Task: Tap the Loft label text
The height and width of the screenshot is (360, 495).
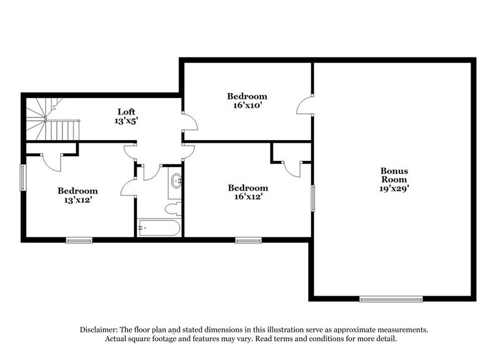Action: pos(127,112)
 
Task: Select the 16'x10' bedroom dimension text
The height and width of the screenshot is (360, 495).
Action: pos(247,105)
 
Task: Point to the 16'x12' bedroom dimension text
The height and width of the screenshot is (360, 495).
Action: pos(247,197)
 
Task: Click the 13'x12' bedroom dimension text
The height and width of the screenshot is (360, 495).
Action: pos(78,200)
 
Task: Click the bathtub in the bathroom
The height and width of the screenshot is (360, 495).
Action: pos(158,228)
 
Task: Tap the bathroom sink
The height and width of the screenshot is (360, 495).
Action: pos(176,180)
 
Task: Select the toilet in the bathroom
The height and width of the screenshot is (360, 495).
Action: pos(173,208)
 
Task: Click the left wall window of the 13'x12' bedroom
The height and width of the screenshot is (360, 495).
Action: pos(23,178)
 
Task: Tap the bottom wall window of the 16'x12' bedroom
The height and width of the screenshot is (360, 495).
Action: pos(248,240)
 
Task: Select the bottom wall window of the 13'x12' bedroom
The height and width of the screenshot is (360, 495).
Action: pos(79,240)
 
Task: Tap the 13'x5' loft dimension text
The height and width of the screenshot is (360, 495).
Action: pos(127,122)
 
